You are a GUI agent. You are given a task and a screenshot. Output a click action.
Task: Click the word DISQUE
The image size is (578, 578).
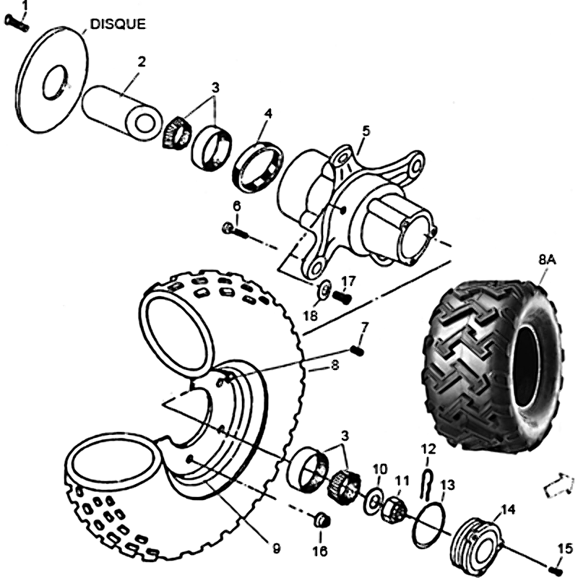tap(117, 24)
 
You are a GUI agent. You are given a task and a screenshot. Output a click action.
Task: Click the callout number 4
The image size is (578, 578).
tap(268, 113)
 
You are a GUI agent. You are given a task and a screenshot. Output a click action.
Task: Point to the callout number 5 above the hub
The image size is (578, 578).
tap(366, 131)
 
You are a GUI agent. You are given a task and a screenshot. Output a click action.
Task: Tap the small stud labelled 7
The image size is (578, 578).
tap(356, 351)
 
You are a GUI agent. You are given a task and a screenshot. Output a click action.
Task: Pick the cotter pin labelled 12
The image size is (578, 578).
tap(426, 480)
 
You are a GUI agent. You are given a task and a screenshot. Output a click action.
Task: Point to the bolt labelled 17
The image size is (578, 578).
tap(342, 295)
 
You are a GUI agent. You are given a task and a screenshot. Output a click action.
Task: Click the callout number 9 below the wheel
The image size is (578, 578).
tap(275, 548)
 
